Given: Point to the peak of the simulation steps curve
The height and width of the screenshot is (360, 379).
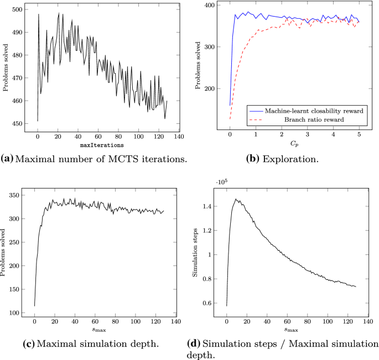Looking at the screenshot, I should [236, 200].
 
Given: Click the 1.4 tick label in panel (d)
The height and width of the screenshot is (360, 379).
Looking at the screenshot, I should [212, 207].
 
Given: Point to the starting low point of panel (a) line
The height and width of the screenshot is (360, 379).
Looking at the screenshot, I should [37, 121].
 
